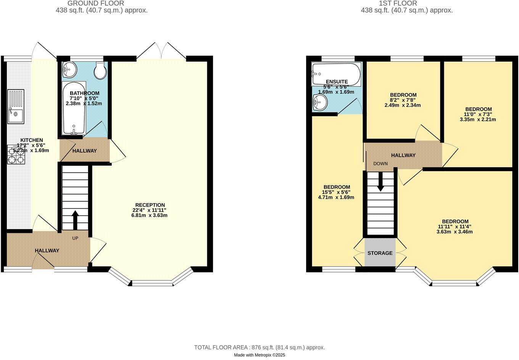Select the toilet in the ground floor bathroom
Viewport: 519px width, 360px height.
pos(100,70)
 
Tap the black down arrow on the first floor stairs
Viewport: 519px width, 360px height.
pos(380,183)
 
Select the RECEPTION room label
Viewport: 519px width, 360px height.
pos(150,205)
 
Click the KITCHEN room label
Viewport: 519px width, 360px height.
pos(32,140)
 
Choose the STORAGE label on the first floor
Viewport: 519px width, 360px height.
pos(380,253)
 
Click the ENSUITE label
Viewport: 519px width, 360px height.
pos(337,82)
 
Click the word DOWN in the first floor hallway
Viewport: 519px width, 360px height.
pos(380,164)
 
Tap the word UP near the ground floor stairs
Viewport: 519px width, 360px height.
pos(75,238)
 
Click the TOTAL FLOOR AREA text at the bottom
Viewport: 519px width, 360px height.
pos(259,347)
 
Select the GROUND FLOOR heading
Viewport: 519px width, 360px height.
pos(95,3)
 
